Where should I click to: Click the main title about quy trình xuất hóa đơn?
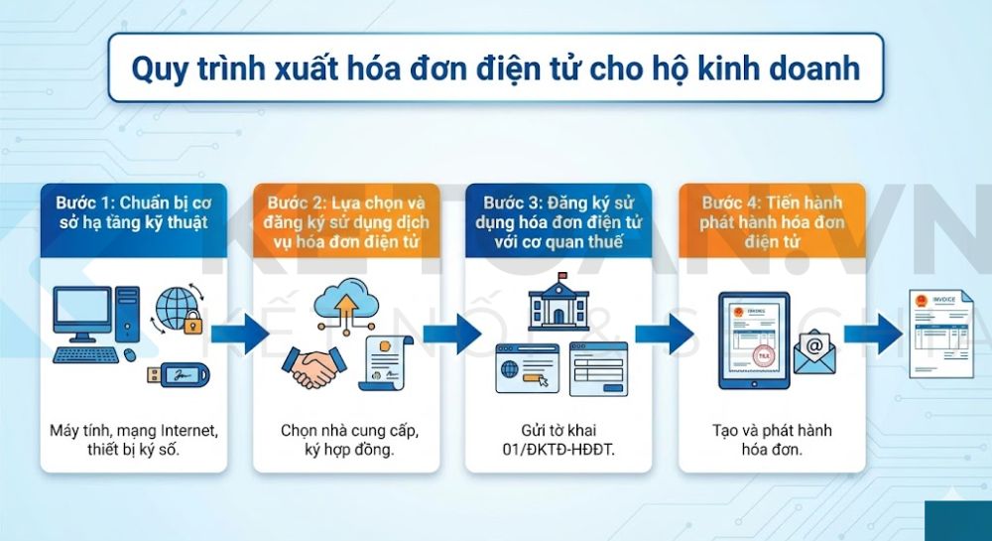(x=495, y=68)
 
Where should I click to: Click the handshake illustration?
(x=310, y=366)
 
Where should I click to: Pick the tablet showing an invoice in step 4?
(x=750, y=338)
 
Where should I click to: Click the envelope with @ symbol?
(x=813, y=353)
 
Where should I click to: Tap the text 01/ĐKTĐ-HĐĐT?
(x=558, y=450)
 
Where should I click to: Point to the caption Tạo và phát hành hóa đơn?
(x=771, y=440)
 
